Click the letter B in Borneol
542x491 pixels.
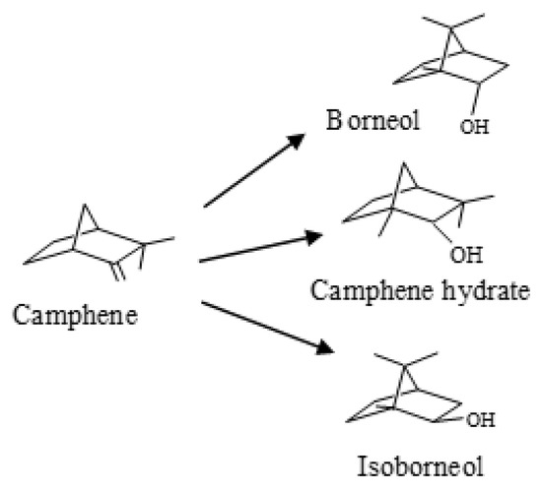point(335,121)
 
